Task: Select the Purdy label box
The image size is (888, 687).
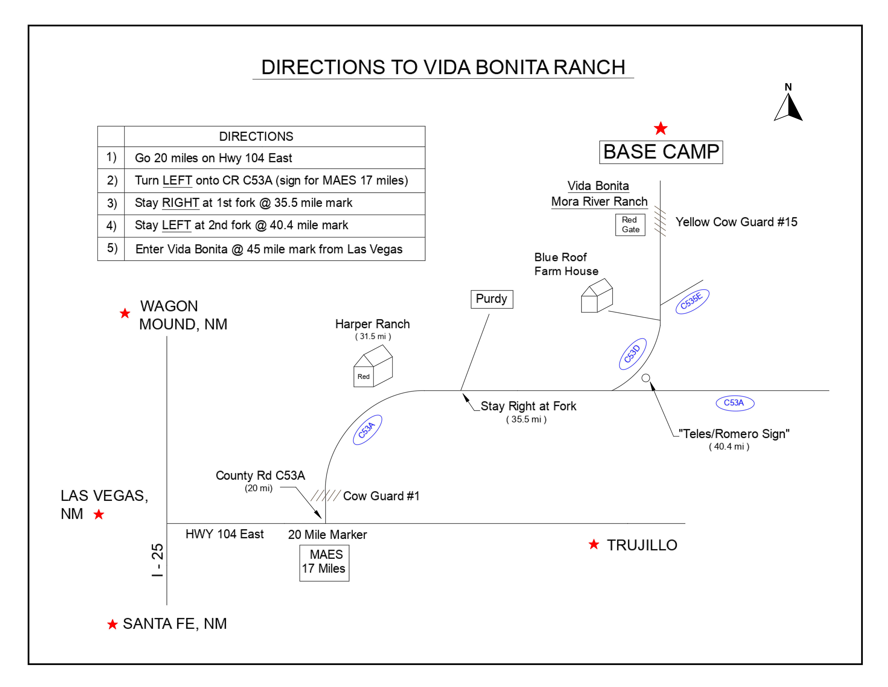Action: point(492,299)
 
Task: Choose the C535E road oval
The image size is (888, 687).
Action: point(692,301)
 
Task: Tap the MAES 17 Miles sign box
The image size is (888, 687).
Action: point(324,563)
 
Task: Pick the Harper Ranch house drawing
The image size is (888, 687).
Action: point(373,366)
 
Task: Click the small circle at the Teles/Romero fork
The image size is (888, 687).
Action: point(646,378)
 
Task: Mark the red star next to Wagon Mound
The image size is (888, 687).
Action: point(125,313)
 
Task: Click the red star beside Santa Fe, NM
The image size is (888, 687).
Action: point(112,624)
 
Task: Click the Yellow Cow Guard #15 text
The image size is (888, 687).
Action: point(736,222)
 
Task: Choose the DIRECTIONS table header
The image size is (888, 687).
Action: point(256,136)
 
